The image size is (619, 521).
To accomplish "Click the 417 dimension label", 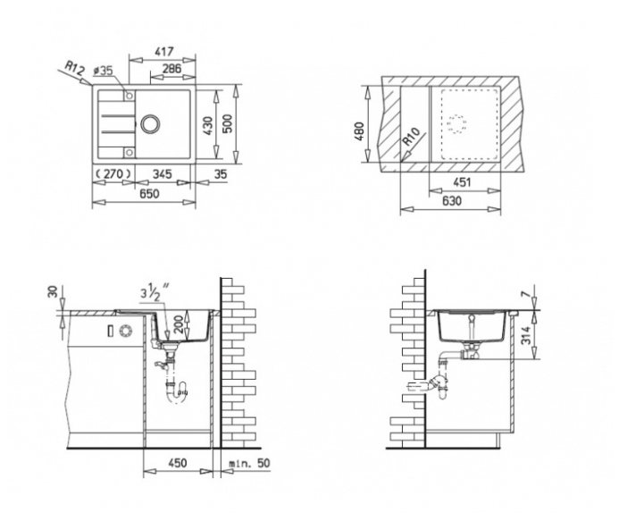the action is pyautogui.click(x=163, y=52).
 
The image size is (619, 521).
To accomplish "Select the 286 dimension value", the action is pyautogui.click(x=171, y=68).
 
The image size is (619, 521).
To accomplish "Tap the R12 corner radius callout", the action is pyautogui.click(x=75, y=68).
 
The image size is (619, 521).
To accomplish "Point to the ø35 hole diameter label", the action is pyautogui.click(x=103, y=71).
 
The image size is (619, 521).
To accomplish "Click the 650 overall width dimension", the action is pyautogui.click(x=149, y=194).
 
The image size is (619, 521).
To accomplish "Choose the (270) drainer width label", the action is pyautogui.click(x=113, y=173).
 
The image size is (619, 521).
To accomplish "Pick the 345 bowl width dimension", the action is pyautogui.click(x=162, y=173).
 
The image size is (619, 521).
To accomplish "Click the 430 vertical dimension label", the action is pyautogui.click(x=208, y=125).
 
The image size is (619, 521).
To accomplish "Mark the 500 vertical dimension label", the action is pyautogui.click(x=228, y=123).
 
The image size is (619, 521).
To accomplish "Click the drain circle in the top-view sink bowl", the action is pyautogui.click(x=150, y=123).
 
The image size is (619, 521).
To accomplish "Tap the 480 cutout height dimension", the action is pyautogui.click(x=360, y=131).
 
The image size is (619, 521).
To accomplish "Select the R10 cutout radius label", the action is pyautogui.click(x=412, y=137).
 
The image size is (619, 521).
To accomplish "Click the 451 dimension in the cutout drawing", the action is pyautogui.click(x=462, y=182).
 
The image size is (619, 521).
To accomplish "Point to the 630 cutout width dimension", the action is pyautogui.click(x=451, y=201).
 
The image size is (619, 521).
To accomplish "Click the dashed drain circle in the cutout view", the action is pyautogui.click(x=456, y=124).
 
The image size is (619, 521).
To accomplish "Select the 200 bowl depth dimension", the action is pyautogui.click(x=180, y=324).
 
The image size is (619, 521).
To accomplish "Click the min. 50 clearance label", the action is pyautogui.click(x=250, y=463).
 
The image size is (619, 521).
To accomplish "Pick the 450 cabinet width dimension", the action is pyautogui.click(x=177, y=463).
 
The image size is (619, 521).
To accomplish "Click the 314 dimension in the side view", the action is pyautogui.click(x=525, y=334).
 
